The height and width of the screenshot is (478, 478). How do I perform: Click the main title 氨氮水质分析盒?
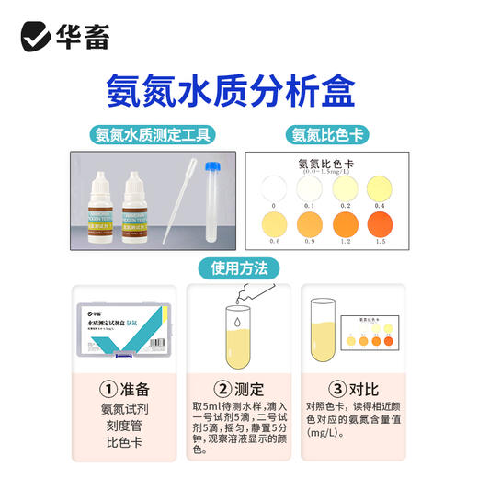pyautogui.click(x=239, y=90)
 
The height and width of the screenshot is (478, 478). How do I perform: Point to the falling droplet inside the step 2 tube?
pyautogui.click(x=238, y=324)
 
